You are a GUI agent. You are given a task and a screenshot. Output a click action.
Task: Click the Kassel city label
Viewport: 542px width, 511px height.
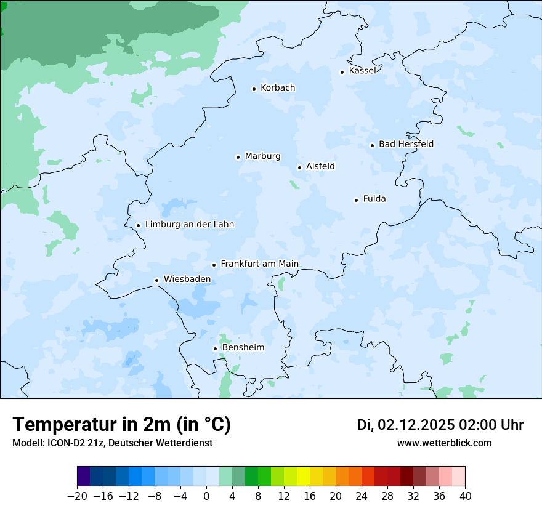[x=362, y=71]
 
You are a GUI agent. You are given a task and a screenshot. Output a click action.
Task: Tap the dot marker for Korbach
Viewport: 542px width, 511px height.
[x=254, y=89]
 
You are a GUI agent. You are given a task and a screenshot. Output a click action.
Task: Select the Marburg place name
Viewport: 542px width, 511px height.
[x=262, y=156]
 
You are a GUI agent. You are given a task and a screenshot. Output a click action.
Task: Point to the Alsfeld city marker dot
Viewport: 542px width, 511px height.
[x=299, y=167]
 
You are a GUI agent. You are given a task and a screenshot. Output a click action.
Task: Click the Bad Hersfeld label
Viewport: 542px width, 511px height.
[x=406, y=145]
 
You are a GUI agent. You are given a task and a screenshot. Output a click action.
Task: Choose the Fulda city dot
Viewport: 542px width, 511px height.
[x=356, y=200]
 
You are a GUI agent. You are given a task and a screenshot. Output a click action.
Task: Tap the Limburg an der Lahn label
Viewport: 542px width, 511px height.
[x=189, y=225]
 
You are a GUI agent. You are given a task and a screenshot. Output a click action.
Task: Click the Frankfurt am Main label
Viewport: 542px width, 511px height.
[x=259, y=264]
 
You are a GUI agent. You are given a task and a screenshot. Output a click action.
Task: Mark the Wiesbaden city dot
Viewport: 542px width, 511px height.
[x=156, y=280]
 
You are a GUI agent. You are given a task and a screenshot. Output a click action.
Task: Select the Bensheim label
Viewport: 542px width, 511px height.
[x=243, y=348]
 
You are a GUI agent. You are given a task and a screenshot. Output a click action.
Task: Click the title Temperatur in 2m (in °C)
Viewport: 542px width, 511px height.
[x=121, y=425]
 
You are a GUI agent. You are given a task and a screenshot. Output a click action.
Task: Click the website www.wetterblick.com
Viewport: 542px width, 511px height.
[x=444, y=443]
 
